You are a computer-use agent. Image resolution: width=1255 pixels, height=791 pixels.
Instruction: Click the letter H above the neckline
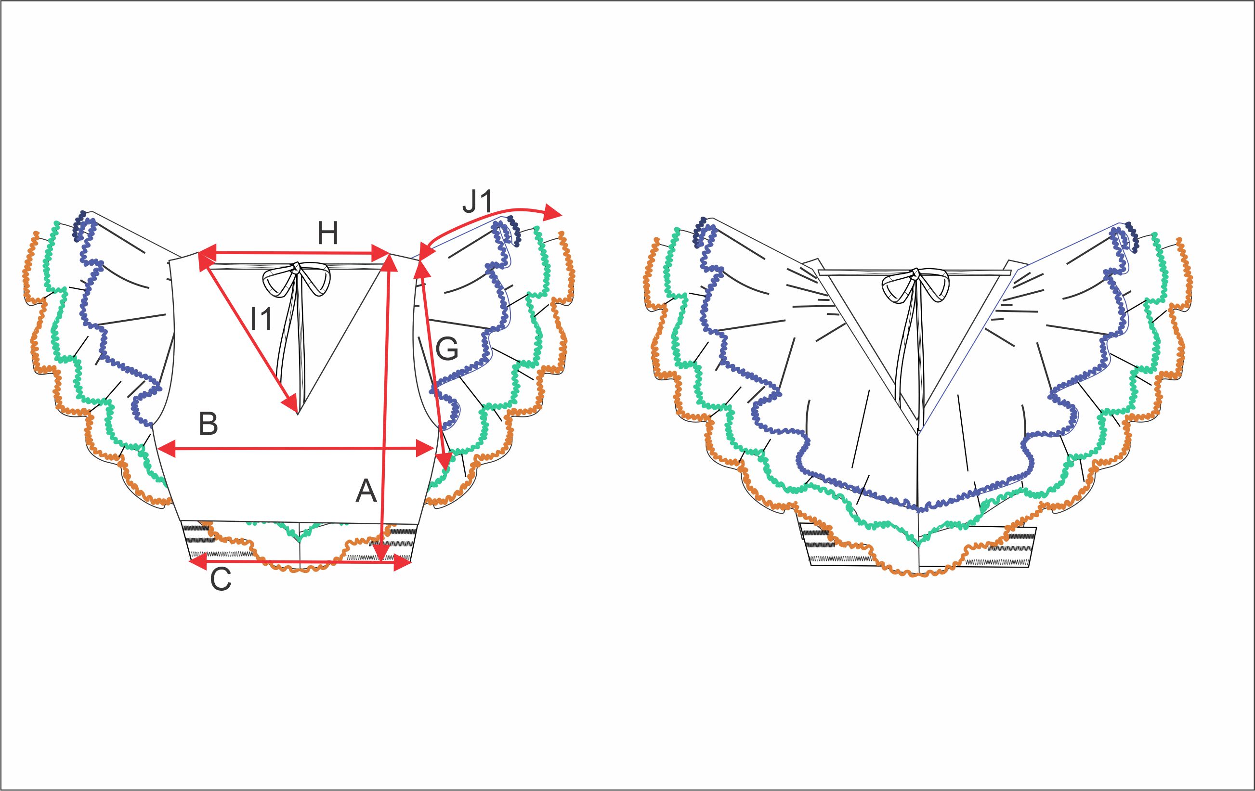tap(328, 233)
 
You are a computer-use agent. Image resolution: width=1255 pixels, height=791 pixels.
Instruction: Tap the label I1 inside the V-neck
tap(261, 319)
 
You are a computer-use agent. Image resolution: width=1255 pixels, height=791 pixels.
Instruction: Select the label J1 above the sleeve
tap(477, 202)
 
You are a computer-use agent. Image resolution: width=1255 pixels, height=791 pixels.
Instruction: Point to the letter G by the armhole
tap(446, 349)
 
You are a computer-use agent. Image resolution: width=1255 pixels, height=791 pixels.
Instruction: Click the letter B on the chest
tap(209, 424)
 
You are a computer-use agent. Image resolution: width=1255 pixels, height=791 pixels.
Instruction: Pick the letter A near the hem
tap(366, 491)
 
